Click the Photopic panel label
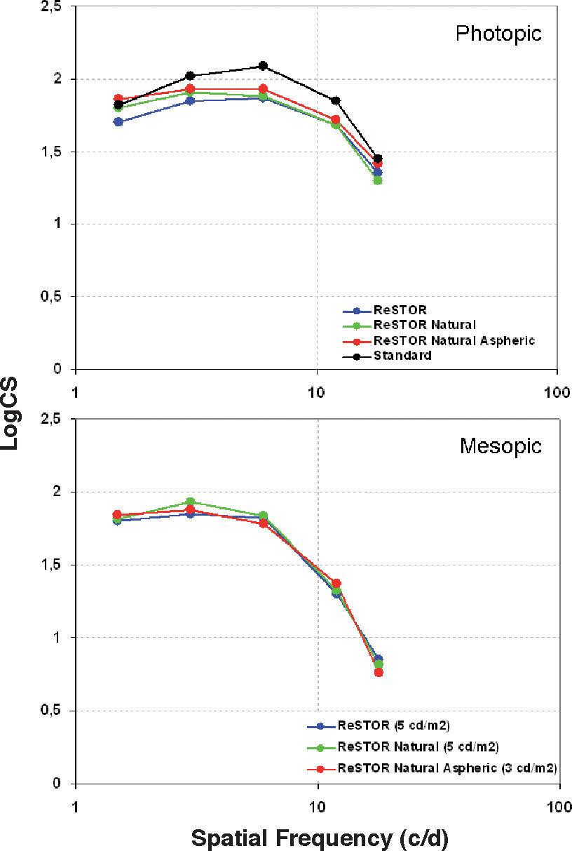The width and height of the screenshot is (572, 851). [498, 33]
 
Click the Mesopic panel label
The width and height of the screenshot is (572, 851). [500, 445]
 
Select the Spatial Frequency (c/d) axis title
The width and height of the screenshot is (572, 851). [320, 837]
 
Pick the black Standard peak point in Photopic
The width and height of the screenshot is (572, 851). [263, 66]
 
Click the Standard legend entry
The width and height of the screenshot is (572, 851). [402, 355]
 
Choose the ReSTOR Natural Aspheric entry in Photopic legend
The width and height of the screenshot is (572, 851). [454, 340]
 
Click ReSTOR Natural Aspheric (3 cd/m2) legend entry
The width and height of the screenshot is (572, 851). [447, 768]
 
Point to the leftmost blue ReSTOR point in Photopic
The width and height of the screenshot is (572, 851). [118, 122]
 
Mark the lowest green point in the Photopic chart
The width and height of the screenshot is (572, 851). [378, 180]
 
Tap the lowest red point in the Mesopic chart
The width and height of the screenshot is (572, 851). [379, 672]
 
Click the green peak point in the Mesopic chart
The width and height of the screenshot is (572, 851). [190, 502]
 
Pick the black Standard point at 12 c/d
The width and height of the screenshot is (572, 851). [336, 101]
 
